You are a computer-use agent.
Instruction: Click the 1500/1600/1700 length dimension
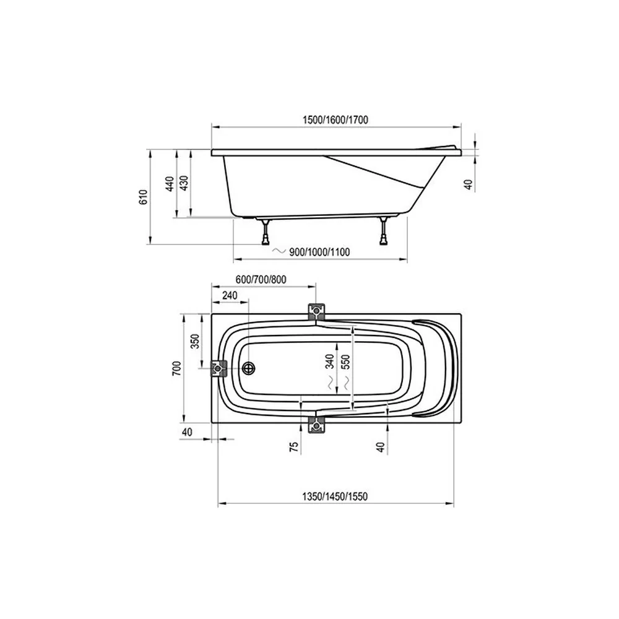335,119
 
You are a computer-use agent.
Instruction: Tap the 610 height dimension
144,197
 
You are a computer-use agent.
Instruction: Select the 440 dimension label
170,184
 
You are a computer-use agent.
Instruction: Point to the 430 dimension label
184,183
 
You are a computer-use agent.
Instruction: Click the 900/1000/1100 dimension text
319,252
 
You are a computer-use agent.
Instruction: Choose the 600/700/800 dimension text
261,280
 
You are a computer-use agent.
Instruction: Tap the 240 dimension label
230,295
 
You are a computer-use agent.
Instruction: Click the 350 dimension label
196,342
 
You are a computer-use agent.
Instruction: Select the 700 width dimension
177,368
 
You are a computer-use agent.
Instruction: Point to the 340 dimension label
330,361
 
